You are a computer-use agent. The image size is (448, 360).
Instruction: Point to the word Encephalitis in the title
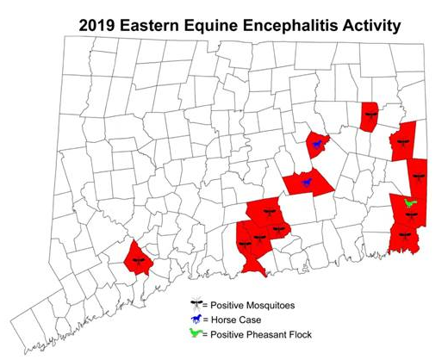[297, 25]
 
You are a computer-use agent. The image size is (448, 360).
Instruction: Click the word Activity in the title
[373, 25]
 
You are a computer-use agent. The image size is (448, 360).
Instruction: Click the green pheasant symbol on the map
[410, 203]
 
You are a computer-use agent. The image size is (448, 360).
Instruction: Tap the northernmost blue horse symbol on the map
[318, 144]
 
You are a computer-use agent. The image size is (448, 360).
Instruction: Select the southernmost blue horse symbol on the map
[305, 182]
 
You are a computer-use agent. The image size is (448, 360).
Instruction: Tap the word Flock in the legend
[296, 334]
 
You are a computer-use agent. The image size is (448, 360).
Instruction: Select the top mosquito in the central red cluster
[266, 210]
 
